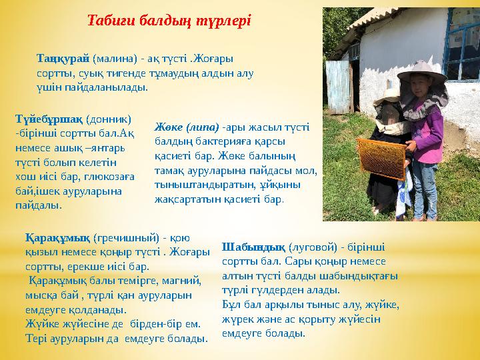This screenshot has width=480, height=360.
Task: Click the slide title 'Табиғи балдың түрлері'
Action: (169, 19)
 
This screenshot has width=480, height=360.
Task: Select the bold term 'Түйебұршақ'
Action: (49, 119)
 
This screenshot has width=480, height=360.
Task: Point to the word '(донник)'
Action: (108, 119)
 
